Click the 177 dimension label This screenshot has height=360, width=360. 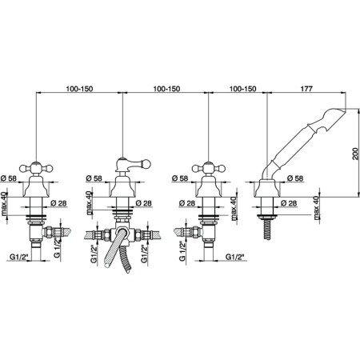306,89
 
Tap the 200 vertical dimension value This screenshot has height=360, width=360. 355,153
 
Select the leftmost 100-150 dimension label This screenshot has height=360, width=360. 79,89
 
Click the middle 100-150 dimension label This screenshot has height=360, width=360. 166,89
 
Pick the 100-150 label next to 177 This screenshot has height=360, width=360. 242,89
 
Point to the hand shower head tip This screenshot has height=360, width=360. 345,110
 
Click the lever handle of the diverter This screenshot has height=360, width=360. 133,164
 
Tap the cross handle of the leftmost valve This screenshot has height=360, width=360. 36,168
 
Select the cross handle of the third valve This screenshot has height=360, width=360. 209,168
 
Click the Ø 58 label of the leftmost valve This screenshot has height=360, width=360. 9,178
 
